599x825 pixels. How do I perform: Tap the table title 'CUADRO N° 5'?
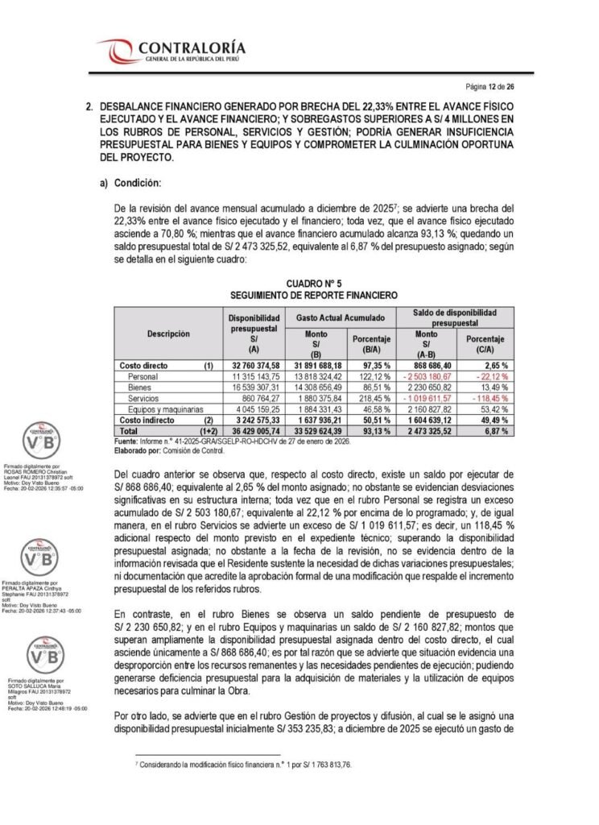315,284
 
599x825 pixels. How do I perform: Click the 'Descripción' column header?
168,332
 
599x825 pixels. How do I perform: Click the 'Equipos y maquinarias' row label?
166,409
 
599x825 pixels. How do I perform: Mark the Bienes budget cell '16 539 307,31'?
255,388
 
